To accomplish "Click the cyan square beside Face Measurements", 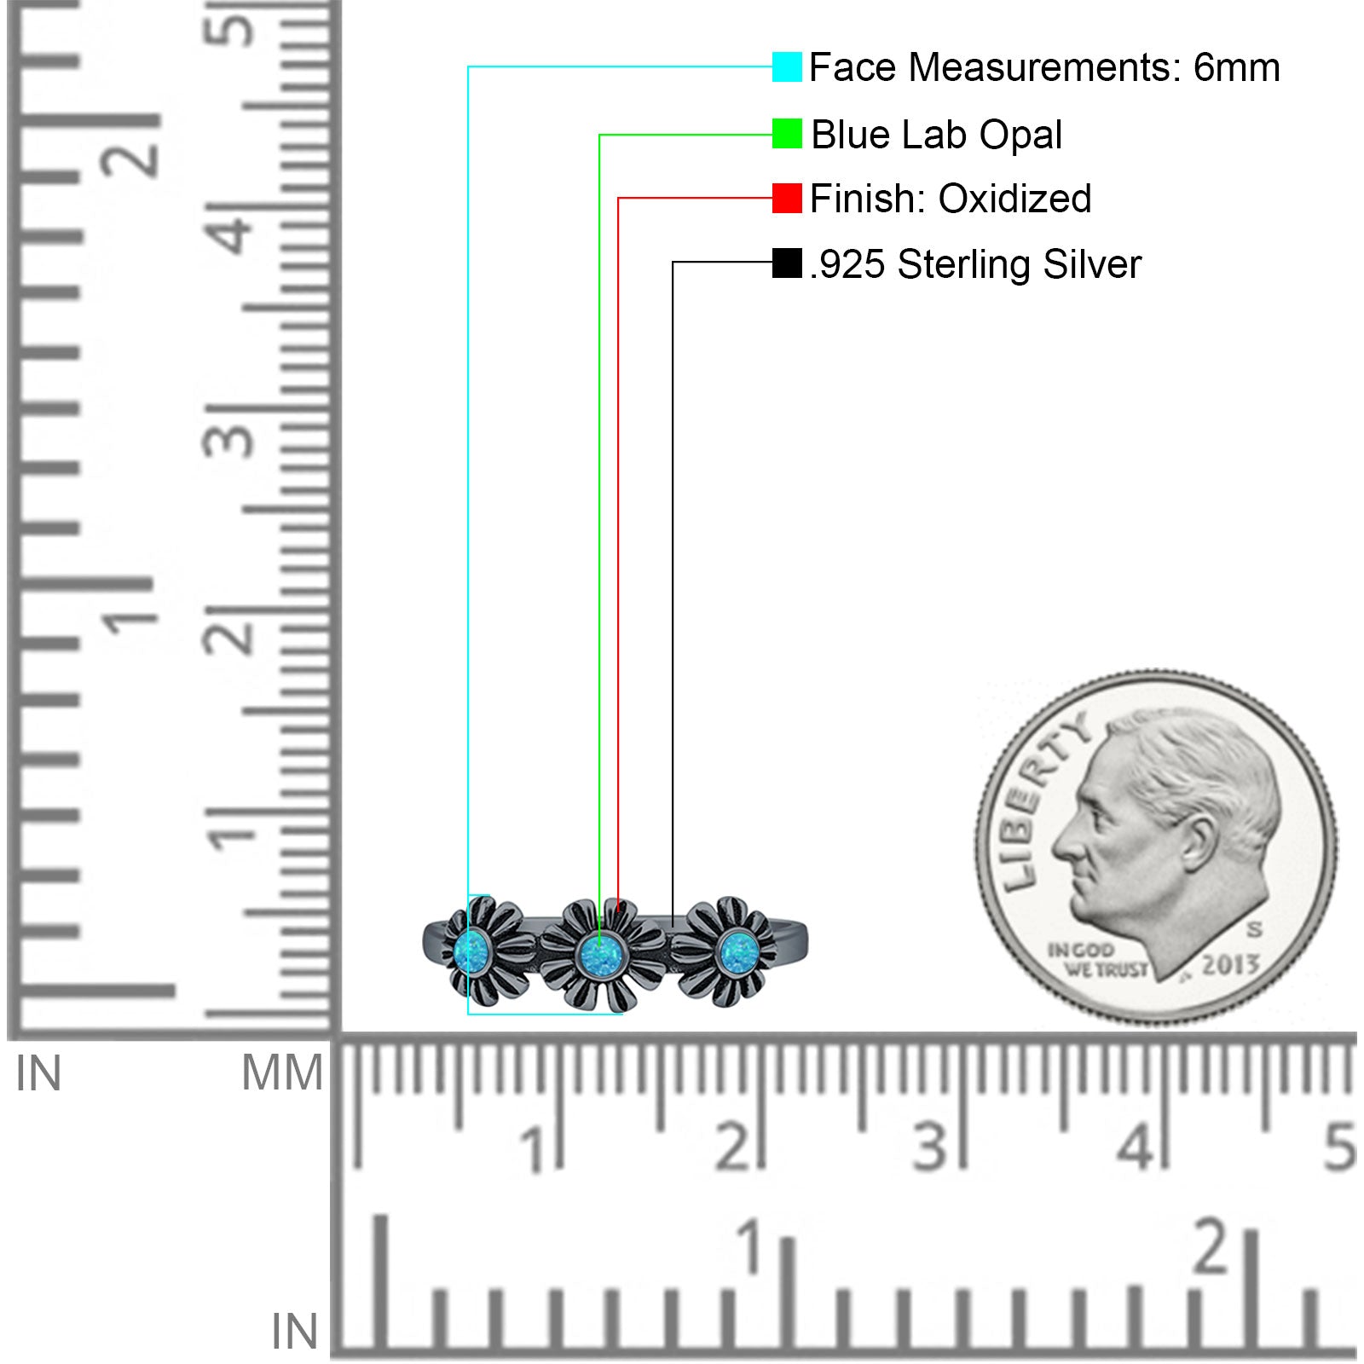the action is (787, 66).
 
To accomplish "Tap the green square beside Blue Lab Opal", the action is (787, 133).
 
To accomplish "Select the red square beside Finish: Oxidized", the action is (787, 198).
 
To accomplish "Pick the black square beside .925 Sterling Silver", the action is (787, 263).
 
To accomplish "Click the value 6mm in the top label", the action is (1236, 67).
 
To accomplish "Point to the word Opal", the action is (1020, 135).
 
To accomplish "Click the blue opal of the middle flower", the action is (600, 955).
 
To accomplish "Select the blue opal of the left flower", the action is (471, 953).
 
